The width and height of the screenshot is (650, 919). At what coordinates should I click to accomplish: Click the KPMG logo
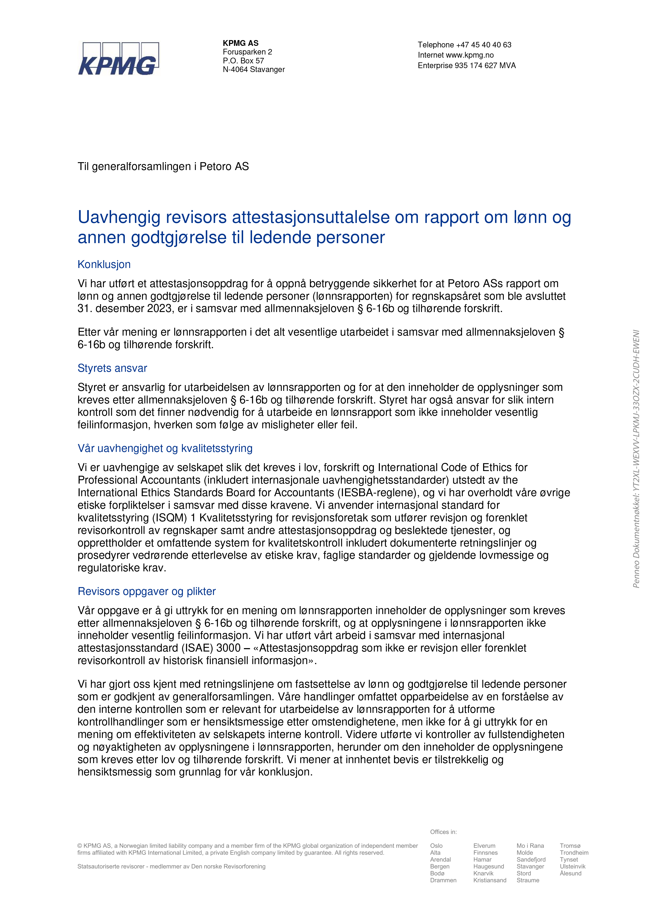click(118, 59)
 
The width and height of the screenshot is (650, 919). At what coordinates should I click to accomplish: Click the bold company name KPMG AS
click(241, 43)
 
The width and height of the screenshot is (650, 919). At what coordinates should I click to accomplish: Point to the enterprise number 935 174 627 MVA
click(485, 66)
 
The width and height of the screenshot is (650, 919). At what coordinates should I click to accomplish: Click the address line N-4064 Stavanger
click(254, 70)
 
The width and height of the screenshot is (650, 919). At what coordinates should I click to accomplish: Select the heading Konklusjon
click(104, 265)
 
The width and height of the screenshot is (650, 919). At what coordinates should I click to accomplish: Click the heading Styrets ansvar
click(112, 368)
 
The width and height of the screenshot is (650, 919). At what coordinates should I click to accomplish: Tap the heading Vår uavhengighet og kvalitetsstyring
click(165, 448)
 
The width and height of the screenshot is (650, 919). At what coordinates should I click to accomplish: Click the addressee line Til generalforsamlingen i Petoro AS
click(163, 167)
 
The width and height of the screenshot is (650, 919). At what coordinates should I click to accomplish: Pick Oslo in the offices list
click(436, 846)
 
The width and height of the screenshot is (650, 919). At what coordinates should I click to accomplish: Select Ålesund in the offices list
click(570, 873)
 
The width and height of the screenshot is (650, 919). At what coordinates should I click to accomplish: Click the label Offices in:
click(443, 832)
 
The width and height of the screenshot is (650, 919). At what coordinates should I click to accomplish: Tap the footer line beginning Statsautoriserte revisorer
click(171, 867)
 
